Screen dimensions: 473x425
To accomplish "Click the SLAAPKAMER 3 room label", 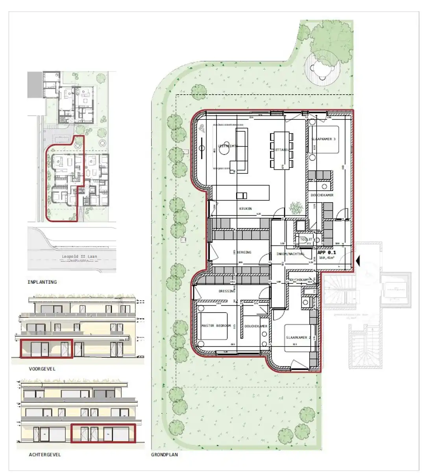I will click(x=323, y=139).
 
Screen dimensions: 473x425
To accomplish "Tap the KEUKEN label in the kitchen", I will click(x=246, y=209).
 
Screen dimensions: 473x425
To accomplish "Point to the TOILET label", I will click(x=306, y=239).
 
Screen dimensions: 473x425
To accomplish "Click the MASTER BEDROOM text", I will click(x=216, y=326).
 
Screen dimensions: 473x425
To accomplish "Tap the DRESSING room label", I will click(x=227, y=291).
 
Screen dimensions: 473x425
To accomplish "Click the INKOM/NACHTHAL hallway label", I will click(x=290, y=254).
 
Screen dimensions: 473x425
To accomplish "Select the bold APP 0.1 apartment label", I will click(x=327, y=252).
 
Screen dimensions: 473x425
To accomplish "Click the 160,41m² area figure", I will click(x=327, y=258).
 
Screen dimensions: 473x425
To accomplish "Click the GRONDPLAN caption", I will click(x=164, y=454).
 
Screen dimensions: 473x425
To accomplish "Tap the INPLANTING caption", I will click(x=42, y=282).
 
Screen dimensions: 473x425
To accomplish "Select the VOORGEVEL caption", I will click(x=42, y=369).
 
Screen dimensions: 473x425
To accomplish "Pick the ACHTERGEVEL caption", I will click(x=45, y=454).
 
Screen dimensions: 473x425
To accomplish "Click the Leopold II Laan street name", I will click(x=79, y=256).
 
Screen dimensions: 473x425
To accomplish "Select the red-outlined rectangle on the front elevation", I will click(x=46, y=348).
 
